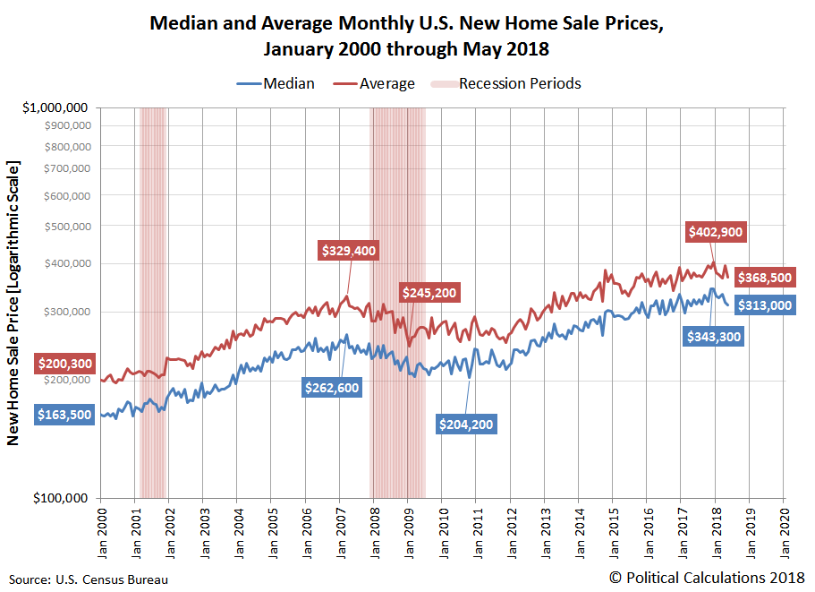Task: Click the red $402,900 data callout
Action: pyautogui.click(x=716, y=231)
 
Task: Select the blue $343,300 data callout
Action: pyautogui.click(x=716, y=337)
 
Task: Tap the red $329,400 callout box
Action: pyautogui.click(x=348, y=251)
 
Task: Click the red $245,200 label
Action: pyautogui.click(x=429, y=292)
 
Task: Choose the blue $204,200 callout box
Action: pyautogui.click(x=465, y=425)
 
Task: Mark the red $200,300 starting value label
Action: pyautogui.click(x=64, y=364)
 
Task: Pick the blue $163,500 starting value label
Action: pyautogui.click(x=64, y=416)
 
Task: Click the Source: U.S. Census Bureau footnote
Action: pyautogui.click(x=89, y=579)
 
